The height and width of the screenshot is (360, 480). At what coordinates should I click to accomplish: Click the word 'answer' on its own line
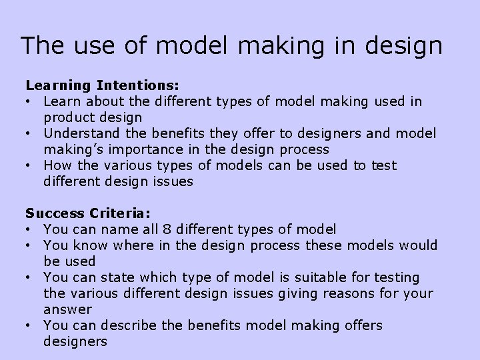[x=68, y=310]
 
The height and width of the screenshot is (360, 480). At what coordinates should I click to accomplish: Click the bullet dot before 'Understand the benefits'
[x=29, y=133]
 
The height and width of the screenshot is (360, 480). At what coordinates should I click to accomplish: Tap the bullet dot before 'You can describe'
[x=29, y=326]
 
